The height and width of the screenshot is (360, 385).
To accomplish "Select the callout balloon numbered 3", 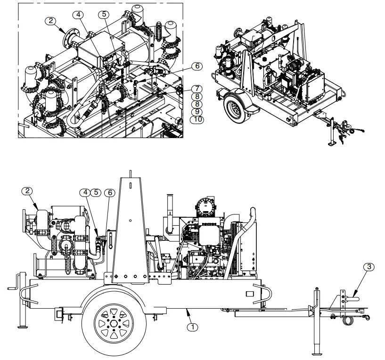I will point(370,267).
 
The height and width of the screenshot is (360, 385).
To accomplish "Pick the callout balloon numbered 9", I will point(195,111).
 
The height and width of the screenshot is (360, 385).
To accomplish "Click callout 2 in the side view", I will point(28,191).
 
